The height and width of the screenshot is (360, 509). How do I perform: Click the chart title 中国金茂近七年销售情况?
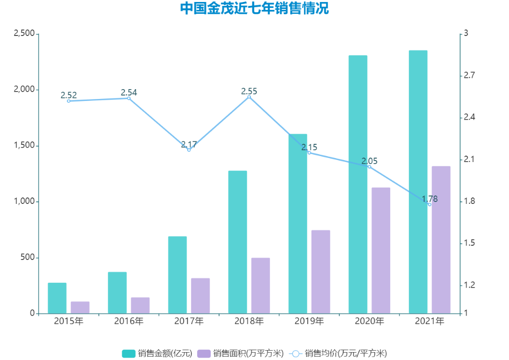pyautogui.click(x=254, y=9)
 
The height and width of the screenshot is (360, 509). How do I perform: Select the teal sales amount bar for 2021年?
pyautogui.click(x=418, y=182)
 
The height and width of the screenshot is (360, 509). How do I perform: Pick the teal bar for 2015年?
pyautogui.click(x=57, y=298)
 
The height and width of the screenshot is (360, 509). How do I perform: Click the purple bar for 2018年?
pyautogui.click(x=261, y=286)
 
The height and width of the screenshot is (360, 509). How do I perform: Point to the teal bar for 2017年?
pyautogui.click(x=177, y=275)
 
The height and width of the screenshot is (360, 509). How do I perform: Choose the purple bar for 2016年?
pyautogui.click(x=140, y=305)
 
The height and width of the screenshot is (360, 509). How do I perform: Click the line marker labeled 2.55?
pyautogui.click(x=249, y=97)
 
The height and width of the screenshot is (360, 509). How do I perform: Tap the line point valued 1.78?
pyautogui.click(x=429, y=204)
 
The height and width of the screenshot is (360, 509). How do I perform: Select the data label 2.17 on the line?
pyautogui.click(x=189, y=144)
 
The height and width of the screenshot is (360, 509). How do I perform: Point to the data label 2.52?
pyautogui.click(x=68, y=95)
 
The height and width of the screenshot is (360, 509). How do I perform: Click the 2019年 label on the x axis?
pyautogui.click(x=309, y=322)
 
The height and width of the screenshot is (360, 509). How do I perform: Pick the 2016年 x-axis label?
pyautogui.click(x=129, y=322)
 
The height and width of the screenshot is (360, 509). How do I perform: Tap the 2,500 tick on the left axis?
pyautogui.click(x=24, y=33)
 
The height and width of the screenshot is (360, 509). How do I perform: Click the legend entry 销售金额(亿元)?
pyautogui.click(x=157, y=353)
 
